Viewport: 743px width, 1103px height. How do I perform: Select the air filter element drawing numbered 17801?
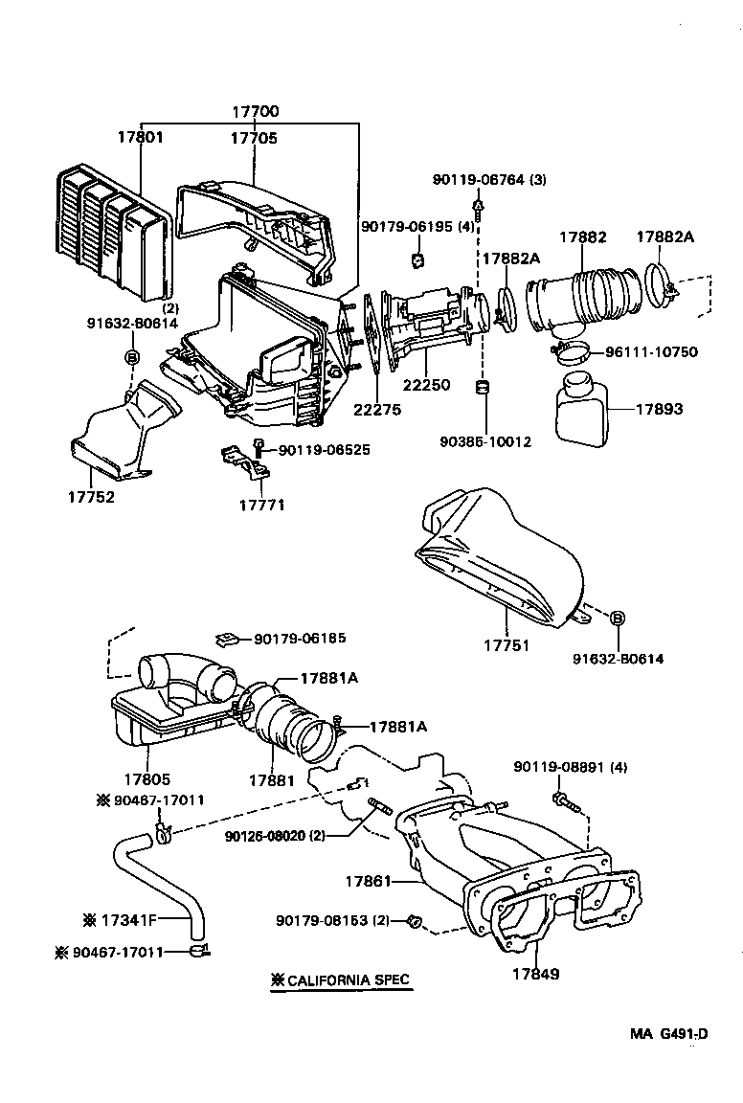click(110, 228)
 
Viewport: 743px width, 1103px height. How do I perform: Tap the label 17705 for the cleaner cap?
click(253, 138)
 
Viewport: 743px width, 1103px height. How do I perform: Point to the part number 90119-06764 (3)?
click(489, 180)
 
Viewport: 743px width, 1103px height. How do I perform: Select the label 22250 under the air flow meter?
click(425, 383)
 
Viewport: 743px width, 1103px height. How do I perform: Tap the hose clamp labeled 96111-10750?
click(574, 355)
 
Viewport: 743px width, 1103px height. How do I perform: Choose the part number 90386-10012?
click(484, 442)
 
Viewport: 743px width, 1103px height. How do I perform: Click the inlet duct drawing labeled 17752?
click(120, 436)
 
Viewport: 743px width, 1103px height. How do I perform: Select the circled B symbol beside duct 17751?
click(618, 619)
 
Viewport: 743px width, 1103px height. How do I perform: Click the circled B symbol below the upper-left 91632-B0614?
click(132, 356)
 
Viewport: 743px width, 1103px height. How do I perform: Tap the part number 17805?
click(147, 780)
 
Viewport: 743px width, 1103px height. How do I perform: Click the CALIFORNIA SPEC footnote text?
click(341, 979)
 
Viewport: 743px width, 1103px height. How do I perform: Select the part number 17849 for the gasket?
click(534, 974)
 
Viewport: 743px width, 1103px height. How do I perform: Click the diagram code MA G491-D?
click(668, 1033)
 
